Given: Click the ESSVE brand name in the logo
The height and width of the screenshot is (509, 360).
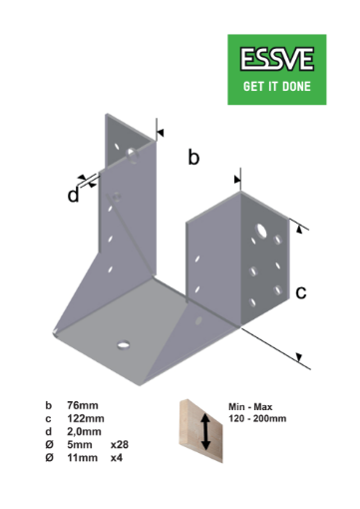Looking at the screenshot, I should pos(277,60).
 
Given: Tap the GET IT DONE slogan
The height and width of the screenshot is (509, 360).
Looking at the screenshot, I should pos(277,86).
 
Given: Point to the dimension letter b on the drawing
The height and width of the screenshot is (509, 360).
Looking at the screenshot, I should pos(194,158).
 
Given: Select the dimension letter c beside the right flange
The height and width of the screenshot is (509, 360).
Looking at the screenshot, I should pos(300,292).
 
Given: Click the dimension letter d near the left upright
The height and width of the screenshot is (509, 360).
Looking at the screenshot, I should pos(73,196).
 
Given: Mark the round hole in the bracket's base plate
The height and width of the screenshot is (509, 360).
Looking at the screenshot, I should pos(124,344).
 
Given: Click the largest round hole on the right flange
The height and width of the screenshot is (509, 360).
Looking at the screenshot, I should pos(260,232).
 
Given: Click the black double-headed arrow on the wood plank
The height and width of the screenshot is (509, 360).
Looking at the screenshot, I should pos(205,432).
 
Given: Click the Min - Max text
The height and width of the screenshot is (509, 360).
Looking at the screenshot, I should pos(250,407).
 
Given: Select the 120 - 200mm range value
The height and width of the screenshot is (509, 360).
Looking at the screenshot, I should pos(257,419).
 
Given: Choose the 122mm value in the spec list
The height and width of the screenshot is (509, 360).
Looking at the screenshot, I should pos(84,419).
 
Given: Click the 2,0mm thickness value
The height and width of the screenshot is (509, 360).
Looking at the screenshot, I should pos(84,431).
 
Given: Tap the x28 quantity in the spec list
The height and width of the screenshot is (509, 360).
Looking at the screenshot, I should pos(120,444).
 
